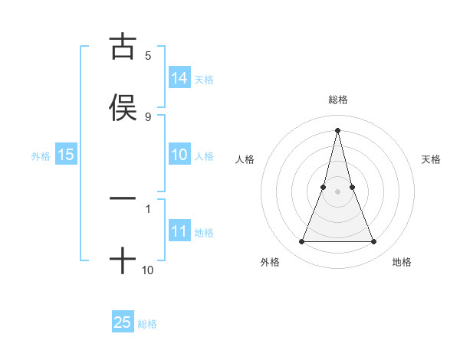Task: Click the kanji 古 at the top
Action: tap(123, 47)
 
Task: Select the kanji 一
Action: tap(123, 198)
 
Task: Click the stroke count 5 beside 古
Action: tap(148, 56)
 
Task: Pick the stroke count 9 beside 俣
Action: tap(148, 116)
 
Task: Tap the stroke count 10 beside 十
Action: tap(148, 270)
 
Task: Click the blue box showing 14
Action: tap(179, 78)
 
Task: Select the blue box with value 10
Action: tap(179, 155)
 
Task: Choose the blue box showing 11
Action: tap(179, 231)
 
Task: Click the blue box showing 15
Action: tap(66, 155)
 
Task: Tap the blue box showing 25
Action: tap(123, 322)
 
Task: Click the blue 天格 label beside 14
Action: tap(204, 79)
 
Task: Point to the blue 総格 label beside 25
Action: tap(147, 324)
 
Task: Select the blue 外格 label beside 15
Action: tap(41, 155)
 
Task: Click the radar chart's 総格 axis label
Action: tap(337, 100)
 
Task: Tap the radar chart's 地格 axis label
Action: tap(402, 262)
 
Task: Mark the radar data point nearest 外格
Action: tap(301, 242)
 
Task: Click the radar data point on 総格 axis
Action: tap(337, 129)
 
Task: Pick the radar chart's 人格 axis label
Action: tap(245, 159)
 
